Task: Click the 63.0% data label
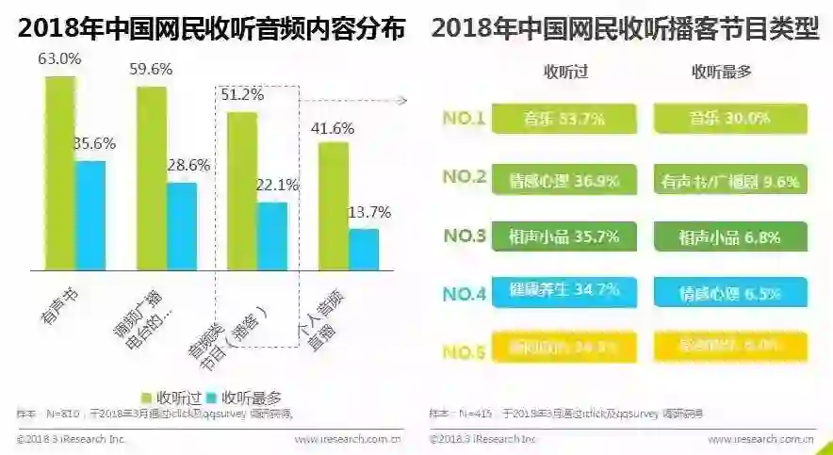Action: click(57, 58)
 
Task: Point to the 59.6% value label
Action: click(149, 69)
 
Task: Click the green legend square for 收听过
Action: click(148, 398)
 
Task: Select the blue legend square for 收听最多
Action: click(212, 398)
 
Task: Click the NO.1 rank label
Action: click(464, 119)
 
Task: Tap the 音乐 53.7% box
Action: click(563, 119)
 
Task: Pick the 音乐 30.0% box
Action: click(728, 119)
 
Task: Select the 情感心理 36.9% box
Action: click(563, 178)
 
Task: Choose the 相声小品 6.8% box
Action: click(728, 237)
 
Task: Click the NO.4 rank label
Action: click(464, 294)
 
